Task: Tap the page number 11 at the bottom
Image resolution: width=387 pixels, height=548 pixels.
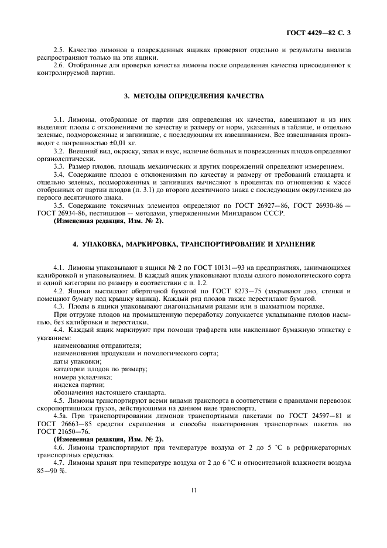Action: tap(193, 490)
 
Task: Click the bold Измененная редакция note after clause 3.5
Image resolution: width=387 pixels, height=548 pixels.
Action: tap(109, 221)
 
